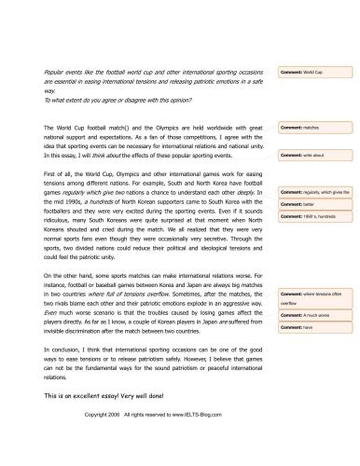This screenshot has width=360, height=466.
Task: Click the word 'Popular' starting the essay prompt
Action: click(56, 71)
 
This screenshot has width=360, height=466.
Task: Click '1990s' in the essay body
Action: click(76, 203)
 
